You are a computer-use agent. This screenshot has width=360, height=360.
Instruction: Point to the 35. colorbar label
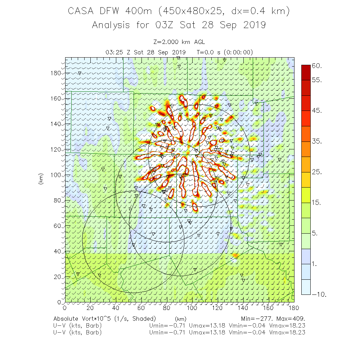pyautogui.click(x=317, y=141)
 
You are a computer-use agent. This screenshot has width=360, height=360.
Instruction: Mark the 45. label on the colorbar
pyautogui.click(x=317, y=111)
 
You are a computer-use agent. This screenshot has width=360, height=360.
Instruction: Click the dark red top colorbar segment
pyautogui.click(x=306, y=70)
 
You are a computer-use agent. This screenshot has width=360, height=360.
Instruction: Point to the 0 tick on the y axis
pyautogui.click(x=60, y=302)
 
